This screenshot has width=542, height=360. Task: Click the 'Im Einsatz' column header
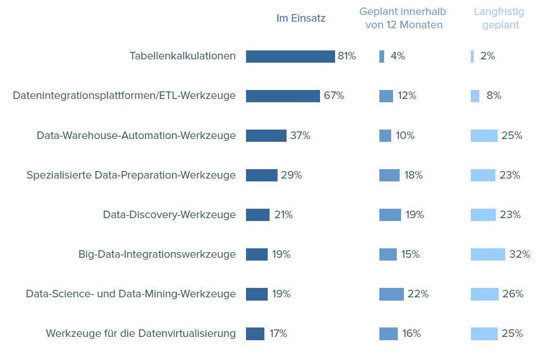tap(301, 18)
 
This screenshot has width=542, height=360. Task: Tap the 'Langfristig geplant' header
tap(499, 18)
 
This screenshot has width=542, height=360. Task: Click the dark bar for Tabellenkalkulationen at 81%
tap(290, 57)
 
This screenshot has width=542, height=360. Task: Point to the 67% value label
tap(334, 96)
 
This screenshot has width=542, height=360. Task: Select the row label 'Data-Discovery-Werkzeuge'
tap(169, 215)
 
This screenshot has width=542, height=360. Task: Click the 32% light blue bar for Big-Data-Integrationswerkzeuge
tap(487, 254)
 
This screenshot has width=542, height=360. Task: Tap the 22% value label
tap(418, 294)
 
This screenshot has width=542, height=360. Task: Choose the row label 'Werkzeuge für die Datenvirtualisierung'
tap(140, 334)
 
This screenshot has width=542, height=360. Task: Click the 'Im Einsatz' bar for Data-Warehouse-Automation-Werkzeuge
tap(266, 136)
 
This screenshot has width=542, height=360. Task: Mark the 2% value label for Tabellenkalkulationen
tap(487, 56)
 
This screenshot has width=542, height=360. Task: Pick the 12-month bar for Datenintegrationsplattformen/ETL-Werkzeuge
tap(386, 96)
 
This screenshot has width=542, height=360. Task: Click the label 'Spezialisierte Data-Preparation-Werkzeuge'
tap(131, 175)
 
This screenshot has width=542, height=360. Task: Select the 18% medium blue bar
tap(389, 175)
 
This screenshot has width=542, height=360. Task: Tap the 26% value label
tap(513, 294)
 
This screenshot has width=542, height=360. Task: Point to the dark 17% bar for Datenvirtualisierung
tap(255, 334)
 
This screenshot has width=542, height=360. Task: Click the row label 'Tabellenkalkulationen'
tap(182, 56)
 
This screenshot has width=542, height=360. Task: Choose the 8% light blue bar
tap(475, 96)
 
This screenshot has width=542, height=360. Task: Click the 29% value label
tap(291, 175)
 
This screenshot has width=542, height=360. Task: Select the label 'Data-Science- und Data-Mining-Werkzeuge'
tap(131, 294)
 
